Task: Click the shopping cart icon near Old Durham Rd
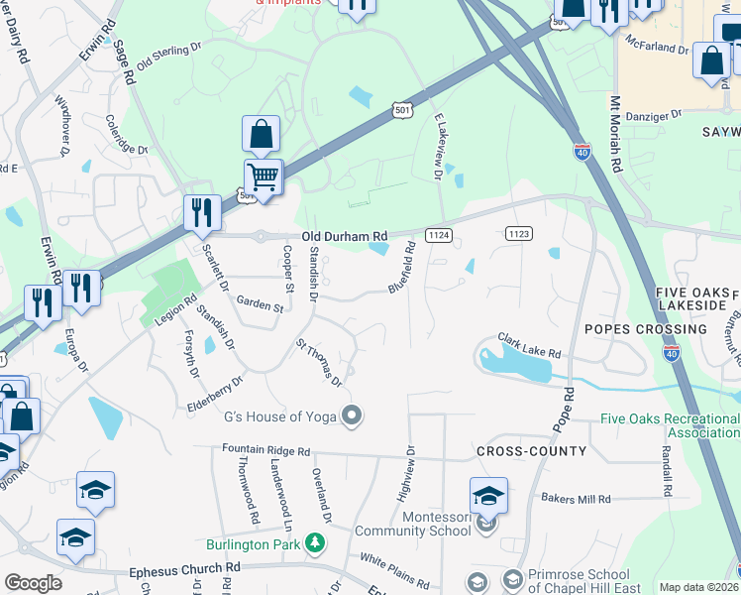pos(263,178)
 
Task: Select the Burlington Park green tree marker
pos(315,542)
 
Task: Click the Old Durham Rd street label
pos(345,236)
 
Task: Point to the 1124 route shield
pos(439,235)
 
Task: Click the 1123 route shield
pos(518,233)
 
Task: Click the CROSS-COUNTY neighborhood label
pos(531,451)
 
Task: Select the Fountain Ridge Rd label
pos(265,450)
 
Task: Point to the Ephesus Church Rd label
pos(185,572)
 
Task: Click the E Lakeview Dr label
pos(437,145)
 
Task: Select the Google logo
pos(32,583)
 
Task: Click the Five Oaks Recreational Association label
pos(670,425)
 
